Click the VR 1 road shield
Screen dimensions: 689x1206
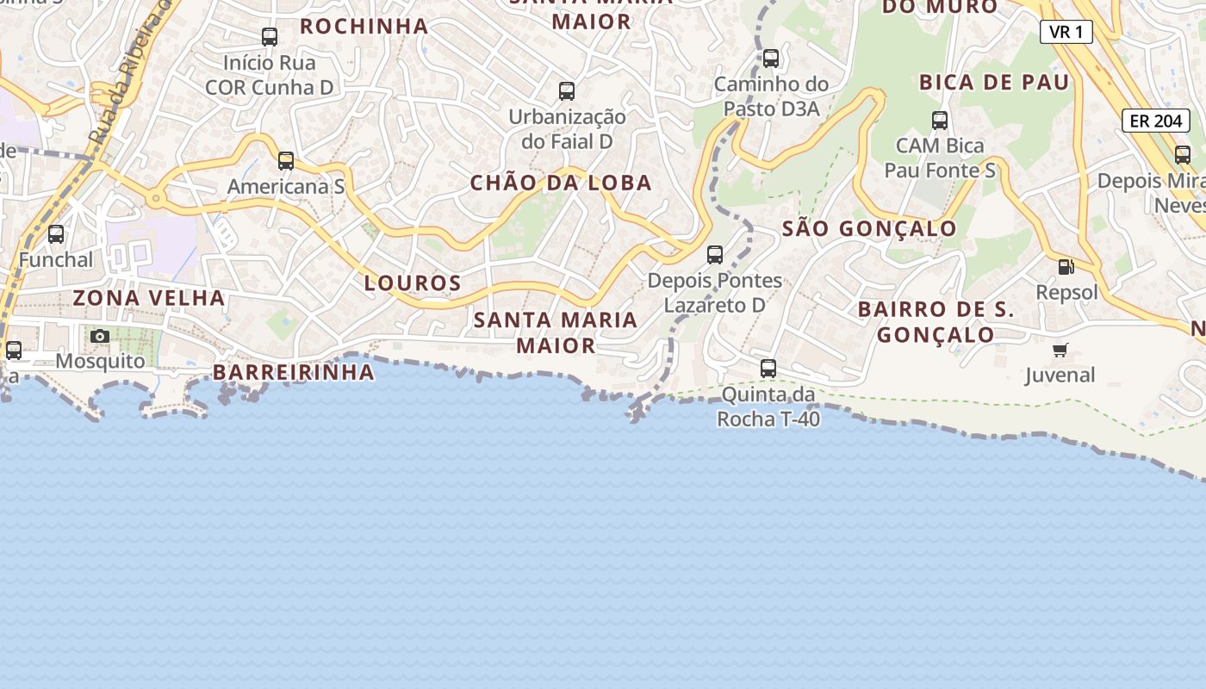coord(1066,33)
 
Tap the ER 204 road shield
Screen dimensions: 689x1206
coord(1156,121)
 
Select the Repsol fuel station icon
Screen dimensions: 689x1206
coord(1066,267)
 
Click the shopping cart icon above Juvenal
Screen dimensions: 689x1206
coord(1060,350)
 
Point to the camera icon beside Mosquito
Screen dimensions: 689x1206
coord(100,336)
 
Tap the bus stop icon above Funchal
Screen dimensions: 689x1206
coord(56,234)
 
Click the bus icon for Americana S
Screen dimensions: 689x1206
coord(286,161)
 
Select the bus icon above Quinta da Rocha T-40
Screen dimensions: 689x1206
coord(768,369)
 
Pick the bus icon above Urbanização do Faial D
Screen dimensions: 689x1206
coord(567,91)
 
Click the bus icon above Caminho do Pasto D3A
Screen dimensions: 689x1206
coord(771,59)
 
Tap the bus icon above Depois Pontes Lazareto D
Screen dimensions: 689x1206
coord(715,255)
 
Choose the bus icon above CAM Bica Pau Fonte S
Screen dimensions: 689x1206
coord(940,121)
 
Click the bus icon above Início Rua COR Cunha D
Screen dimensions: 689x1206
coord(270,37)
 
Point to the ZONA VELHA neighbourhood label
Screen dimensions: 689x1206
coord(149,298)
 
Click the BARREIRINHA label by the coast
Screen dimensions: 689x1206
coord(294,372)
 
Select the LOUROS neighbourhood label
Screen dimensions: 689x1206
coord(413,282)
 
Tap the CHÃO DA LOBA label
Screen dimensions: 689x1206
coord(561,183)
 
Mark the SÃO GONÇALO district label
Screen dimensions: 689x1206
coord(869,228)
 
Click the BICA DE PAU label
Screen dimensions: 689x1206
coord(994,83)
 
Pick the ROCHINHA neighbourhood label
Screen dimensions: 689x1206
coord(364,26)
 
